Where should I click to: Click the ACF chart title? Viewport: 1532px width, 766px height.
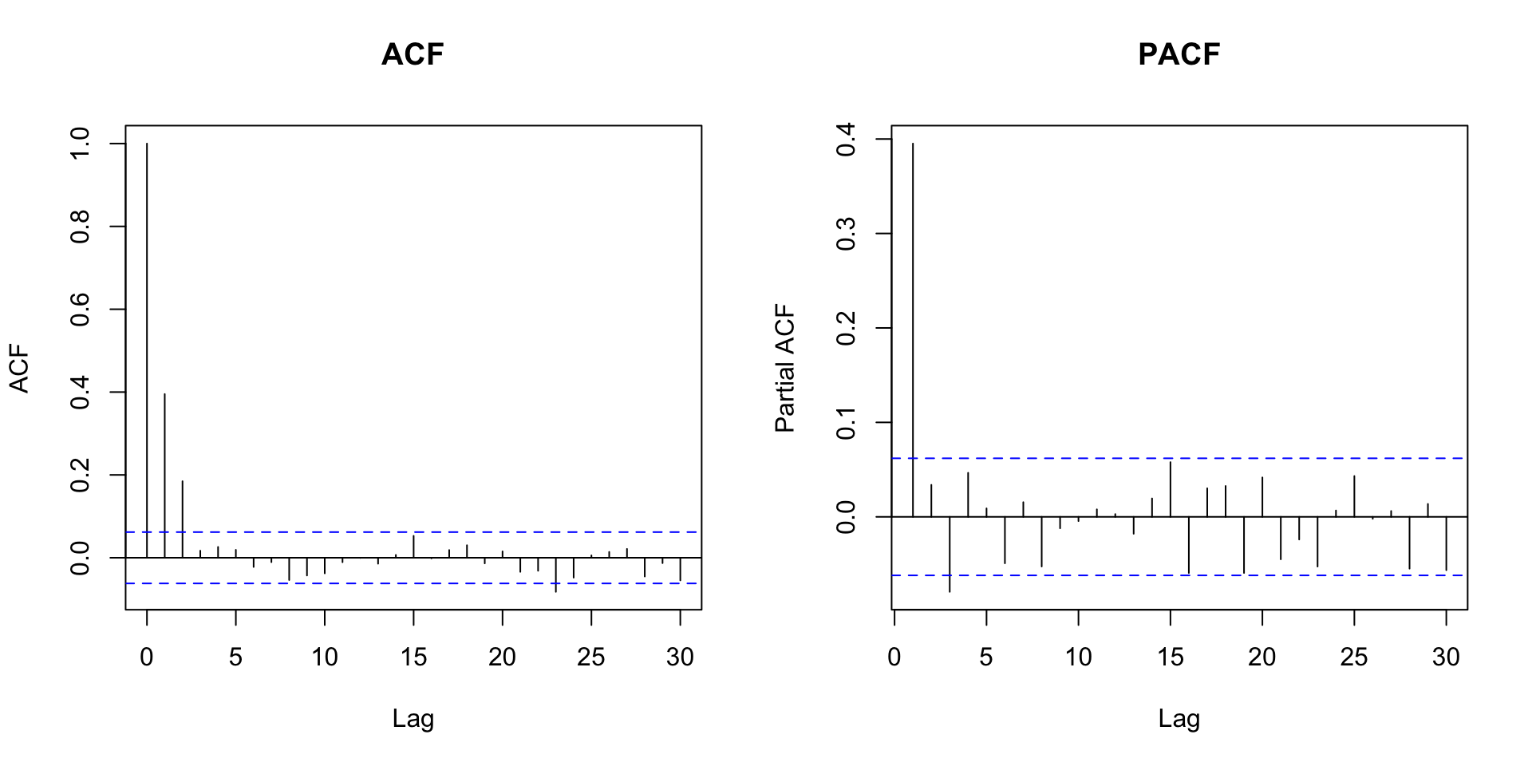[413, 54]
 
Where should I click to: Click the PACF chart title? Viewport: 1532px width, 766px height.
[1179, 54]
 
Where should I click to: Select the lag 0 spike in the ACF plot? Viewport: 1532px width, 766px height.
[147, 351]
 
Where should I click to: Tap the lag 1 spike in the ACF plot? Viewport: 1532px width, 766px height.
[164, 475]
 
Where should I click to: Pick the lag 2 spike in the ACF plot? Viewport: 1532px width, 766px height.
[182, 519]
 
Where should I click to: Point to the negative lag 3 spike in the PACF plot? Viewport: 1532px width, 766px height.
[950, 554]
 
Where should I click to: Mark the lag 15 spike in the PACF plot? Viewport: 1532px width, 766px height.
[1171, 489]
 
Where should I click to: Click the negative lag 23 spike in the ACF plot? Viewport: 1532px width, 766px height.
[555, 574]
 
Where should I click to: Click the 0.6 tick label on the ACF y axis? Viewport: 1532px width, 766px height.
[81, 309]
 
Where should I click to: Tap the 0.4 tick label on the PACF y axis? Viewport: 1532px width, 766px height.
[847, 140]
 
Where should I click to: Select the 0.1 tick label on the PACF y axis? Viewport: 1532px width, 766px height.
[847, 422]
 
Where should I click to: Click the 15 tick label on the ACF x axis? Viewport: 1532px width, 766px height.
[413, 657]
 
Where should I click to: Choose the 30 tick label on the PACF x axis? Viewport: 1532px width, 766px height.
[1446, 657]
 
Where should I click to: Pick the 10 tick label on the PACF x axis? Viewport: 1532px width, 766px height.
[1079, 657]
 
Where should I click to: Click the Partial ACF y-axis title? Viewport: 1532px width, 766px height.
[785, 368]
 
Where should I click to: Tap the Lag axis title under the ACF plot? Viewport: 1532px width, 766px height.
[413, 720]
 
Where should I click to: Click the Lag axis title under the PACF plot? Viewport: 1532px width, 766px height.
[1179, 720]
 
